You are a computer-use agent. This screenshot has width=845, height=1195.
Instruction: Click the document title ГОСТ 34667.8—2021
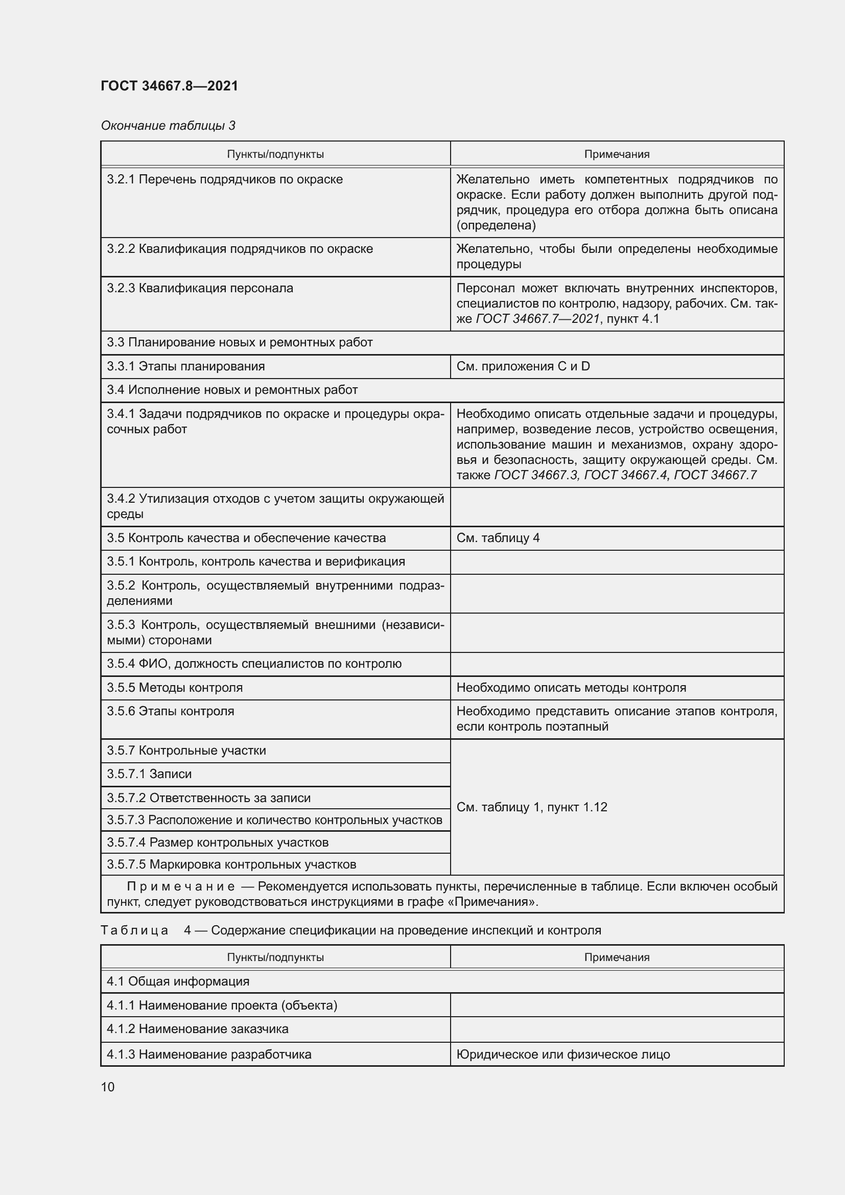click(x=169, y=86)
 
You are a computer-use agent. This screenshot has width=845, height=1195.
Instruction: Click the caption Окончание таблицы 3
click(x=168, y=126)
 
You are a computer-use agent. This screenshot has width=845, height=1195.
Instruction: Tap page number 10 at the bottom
click(x=108, y=1087)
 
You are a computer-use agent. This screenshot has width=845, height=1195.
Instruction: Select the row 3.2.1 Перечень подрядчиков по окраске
click(x=225, y=179)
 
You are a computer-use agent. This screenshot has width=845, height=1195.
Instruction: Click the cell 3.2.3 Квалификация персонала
click(x=200, y=288)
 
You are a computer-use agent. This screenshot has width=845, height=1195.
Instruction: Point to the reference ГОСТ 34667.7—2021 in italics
click(x=537, y=318)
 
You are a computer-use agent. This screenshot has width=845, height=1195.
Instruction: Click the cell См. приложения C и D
click(x=523, y=366)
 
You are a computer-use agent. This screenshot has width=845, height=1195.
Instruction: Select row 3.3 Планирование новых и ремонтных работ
click(x=240, y=342)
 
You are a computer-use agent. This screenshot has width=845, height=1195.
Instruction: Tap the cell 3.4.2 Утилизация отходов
click(x=275, y=506)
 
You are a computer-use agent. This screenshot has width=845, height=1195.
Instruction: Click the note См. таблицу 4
click(x=498, y=538)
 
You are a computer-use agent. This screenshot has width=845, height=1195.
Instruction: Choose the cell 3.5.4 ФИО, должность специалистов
click(x=254, y=664)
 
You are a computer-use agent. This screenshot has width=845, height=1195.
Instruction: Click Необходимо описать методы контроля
click(x=571, y=688)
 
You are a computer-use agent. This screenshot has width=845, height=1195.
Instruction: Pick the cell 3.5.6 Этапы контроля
click(x=171, y=712)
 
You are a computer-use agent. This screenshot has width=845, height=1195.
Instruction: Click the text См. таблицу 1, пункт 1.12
click(x=532, y=807)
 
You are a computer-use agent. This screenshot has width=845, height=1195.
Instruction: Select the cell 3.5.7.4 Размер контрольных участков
click(x=218, y=842)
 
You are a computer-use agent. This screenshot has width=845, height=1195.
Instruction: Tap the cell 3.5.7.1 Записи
click(x=149, y=775)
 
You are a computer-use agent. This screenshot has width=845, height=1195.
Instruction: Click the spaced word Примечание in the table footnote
click(x=180, y=886)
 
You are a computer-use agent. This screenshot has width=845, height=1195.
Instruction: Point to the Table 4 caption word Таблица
click(x=134, y=930)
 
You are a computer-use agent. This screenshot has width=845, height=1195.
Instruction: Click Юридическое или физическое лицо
click(x=563, y=1055)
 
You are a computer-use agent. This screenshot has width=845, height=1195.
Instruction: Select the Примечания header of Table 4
click(x=617, y=957)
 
